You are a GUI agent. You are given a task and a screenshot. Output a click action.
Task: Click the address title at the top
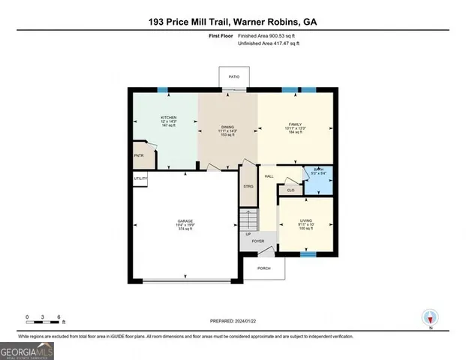[233, 23]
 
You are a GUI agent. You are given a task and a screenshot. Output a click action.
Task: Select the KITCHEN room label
[169, 118]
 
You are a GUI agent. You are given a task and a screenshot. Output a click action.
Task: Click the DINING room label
[227, 127]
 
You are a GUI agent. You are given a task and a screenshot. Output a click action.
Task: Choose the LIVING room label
[305, 220]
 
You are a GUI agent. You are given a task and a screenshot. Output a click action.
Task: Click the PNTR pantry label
[139, 155]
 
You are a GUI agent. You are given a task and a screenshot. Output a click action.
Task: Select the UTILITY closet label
[140, 178]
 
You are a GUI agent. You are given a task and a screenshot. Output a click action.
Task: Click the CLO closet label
[290, 190]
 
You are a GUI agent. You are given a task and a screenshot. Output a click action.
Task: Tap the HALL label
[269, 177]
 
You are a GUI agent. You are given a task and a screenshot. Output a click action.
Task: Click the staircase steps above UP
[248, 220]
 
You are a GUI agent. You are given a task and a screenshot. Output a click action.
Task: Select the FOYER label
[257, 241]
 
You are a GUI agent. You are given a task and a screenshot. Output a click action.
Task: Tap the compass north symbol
[431, 318]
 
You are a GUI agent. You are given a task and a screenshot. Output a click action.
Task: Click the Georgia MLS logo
[27, 350]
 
